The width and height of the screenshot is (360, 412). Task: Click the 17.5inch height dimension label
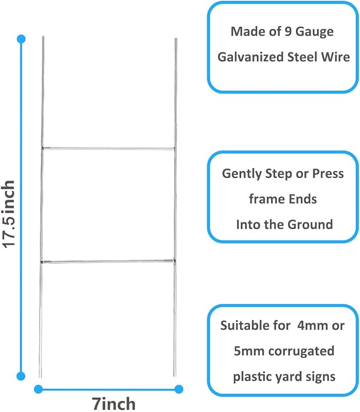8,214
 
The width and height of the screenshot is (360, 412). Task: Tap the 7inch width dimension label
113,404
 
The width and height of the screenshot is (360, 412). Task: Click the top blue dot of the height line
21,39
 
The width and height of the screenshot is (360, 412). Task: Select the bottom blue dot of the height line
21,376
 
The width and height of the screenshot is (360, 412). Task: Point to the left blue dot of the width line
38,389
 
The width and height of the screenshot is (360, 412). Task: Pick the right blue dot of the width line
179,389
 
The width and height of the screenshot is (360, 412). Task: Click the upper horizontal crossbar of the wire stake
108,149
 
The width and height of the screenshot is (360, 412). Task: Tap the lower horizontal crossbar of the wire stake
108,262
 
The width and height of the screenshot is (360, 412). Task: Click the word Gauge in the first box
314,32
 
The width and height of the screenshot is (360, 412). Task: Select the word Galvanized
251,57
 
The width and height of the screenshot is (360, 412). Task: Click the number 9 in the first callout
288,32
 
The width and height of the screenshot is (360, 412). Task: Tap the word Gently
242,174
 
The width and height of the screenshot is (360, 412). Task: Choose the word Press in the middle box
328,173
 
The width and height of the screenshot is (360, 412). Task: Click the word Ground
311,225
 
